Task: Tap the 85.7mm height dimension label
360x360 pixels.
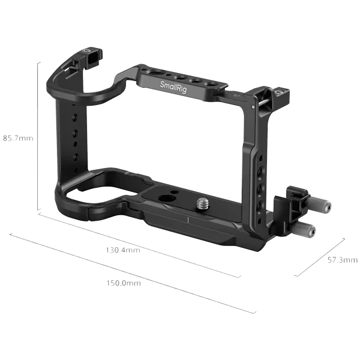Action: tap(18, 139)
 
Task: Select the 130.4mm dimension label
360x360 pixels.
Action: tap(123, 250)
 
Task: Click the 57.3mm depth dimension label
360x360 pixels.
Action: tap(343, 260)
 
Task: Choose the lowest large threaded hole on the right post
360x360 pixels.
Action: tap(259, 205)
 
